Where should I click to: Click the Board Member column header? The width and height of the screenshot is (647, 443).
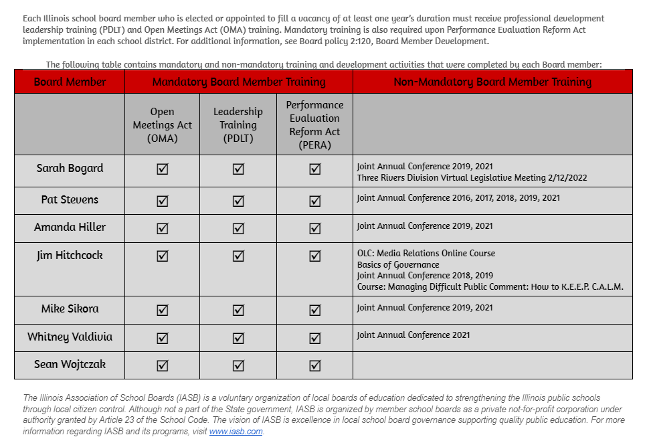(70, 82)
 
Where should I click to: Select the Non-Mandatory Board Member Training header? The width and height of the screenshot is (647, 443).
(492, 82)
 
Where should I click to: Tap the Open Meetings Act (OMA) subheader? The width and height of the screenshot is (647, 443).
(162, 124)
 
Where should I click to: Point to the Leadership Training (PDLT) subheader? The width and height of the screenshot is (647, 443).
(238, 124)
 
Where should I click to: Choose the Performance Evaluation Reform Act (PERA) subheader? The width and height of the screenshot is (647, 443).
(314, 124)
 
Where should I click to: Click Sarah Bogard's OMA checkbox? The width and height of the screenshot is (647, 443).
(162, 169)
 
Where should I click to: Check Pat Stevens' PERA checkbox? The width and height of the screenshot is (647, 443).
(314, 201)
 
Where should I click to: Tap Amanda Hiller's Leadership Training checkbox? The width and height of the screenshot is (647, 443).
(238, 228)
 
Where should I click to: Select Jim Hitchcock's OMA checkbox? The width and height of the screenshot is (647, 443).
(162, 256)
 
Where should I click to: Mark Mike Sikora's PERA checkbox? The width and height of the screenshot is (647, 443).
(314, 310)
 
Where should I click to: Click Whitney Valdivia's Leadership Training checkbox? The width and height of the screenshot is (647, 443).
(238, 338)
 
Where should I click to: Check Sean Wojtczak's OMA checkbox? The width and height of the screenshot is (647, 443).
(162, 365)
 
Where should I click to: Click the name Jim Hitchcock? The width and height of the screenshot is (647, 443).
(70, 255)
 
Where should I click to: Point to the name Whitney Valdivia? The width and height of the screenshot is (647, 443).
(70, 337)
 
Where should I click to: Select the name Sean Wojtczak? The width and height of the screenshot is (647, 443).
(70, 364)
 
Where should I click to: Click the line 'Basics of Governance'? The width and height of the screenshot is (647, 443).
(398, 264)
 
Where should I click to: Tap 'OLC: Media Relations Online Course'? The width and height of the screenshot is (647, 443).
(426, 253)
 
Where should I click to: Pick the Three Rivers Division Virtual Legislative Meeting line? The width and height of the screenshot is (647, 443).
(472, 177)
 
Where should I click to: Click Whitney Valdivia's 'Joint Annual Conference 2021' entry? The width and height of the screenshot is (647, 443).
(413, 335)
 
